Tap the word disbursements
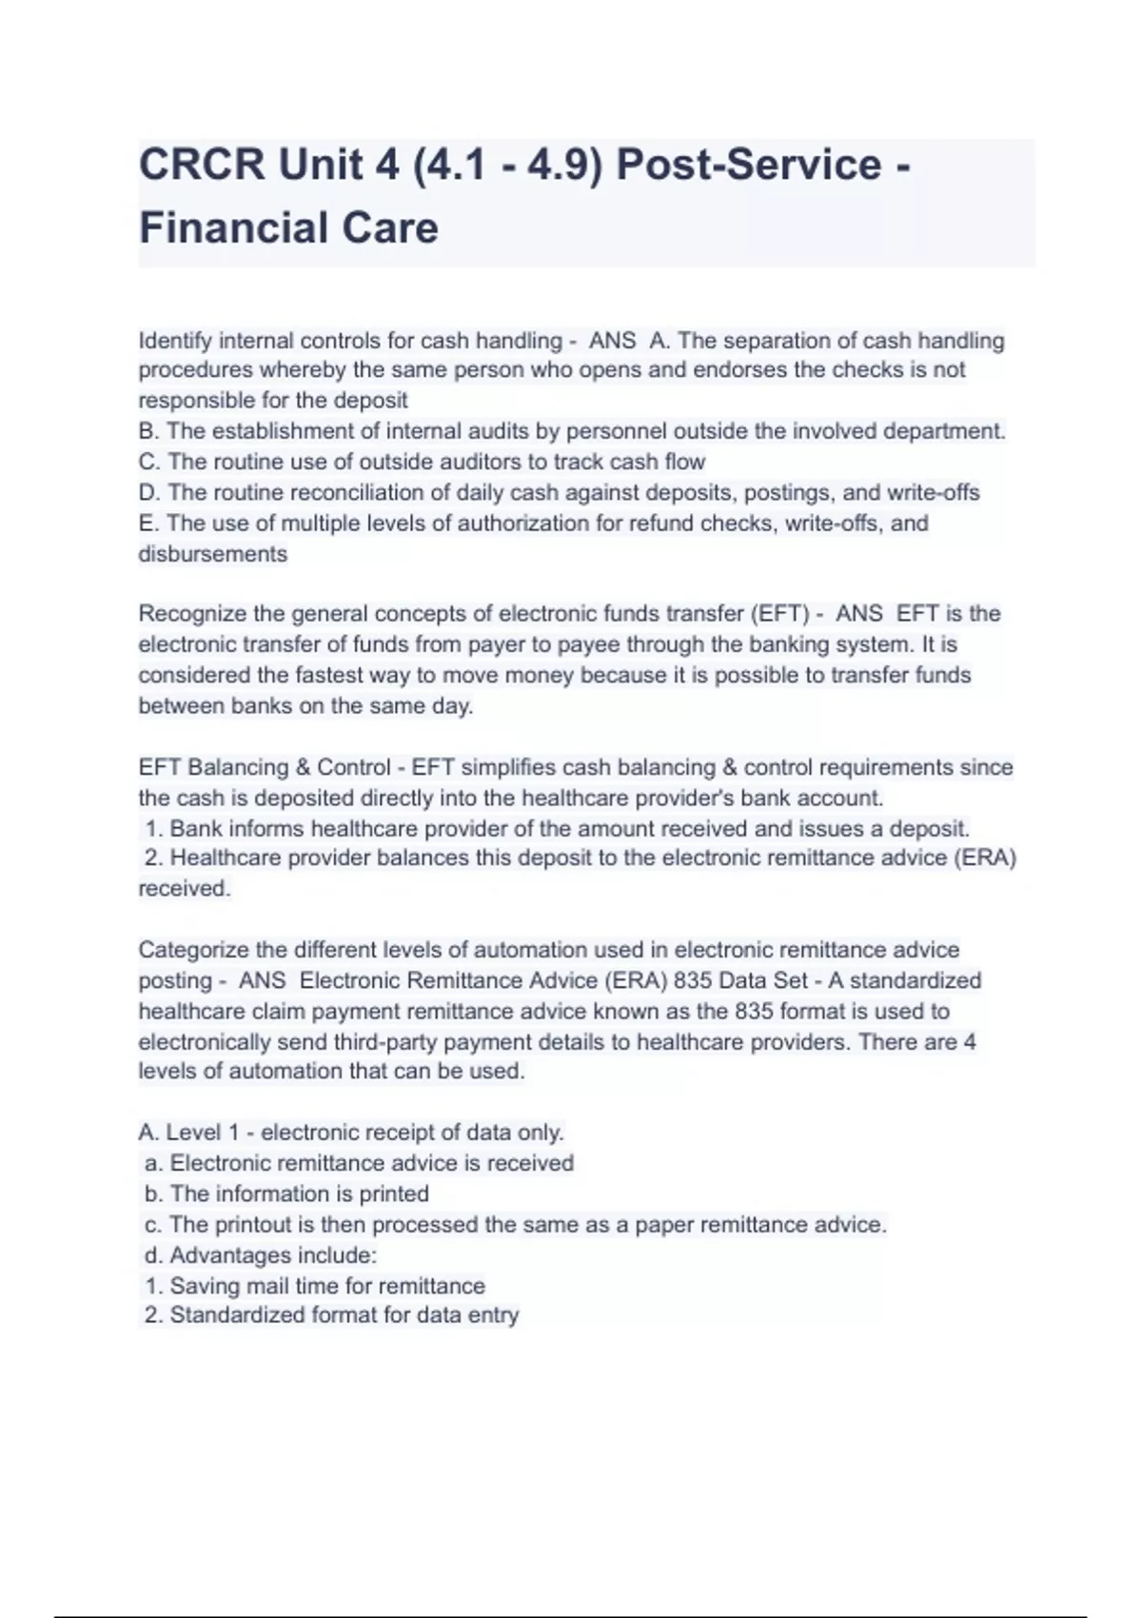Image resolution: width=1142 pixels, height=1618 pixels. [x=212, y=554]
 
